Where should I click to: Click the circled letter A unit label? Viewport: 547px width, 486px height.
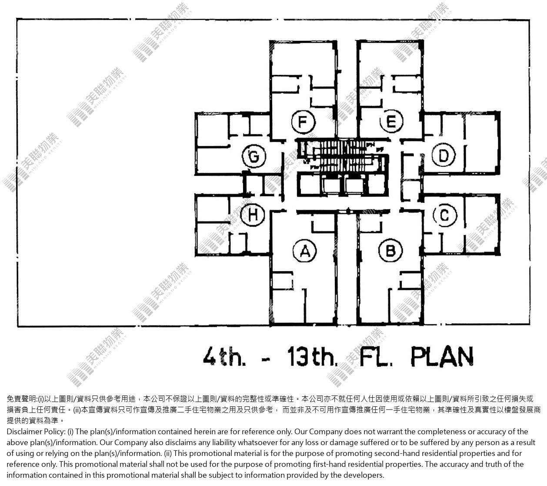click(x=305, y=251)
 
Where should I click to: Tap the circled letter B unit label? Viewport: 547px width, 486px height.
click(x=390, y=251)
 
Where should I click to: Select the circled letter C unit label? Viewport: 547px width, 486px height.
click(x=445, y=215)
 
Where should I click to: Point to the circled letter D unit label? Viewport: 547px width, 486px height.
click(x=444, y=155)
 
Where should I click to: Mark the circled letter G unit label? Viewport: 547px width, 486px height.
click(x=254, y=157)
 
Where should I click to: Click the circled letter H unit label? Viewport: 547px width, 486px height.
click(x=253, y=215)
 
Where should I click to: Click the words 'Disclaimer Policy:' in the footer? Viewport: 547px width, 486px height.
click(x=36, y=432)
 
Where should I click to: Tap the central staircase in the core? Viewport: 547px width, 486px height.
click(x=343, y=156)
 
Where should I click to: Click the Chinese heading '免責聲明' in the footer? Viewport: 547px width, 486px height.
click(x=21, y=399)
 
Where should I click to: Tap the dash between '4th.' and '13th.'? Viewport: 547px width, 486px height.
click(x=266, y=359)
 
